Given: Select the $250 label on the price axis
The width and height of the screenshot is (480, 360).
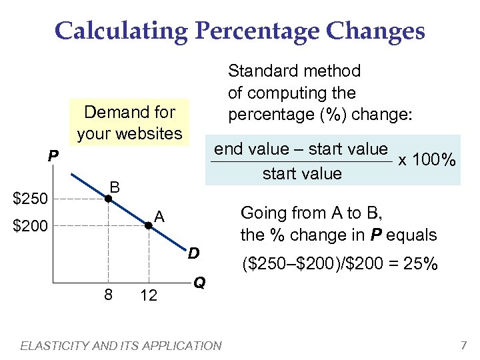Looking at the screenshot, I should point(31,199).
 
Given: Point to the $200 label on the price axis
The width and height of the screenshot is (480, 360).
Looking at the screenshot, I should point(31,227).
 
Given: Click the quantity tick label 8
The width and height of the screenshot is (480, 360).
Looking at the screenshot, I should point(107,295).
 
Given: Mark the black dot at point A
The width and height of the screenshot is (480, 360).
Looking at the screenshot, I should point(149,227).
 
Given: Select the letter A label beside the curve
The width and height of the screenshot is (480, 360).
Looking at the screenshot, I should point(159,217).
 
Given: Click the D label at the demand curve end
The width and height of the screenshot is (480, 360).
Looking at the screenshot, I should point(193,253).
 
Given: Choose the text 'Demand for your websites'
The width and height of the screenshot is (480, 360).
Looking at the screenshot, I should point(129,123).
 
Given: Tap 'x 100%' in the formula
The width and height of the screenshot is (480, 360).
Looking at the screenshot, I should point(427,161).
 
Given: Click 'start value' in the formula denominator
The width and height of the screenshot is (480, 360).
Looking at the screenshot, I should point(302,174).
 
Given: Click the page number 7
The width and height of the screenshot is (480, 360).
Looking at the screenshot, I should point(463,345).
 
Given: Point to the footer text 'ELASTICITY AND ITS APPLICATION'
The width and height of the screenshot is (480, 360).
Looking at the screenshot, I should point(121,345).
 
